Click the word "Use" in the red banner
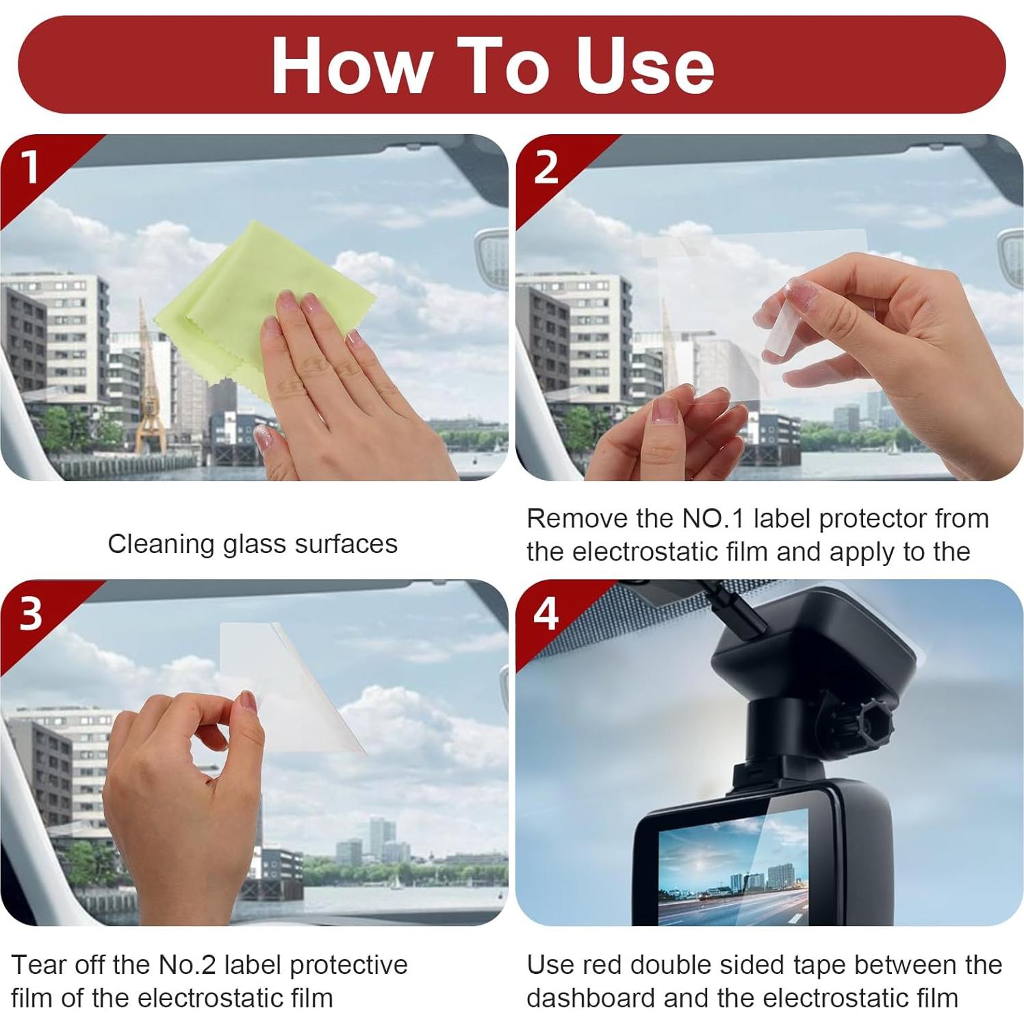(x=645, y=65)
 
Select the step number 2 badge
(x=546, y=166)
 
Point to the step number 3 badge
(x=31, y=613)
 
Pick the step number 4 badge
(x=546, y=613)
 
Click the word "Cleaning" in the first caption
(x=162, y=545)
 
